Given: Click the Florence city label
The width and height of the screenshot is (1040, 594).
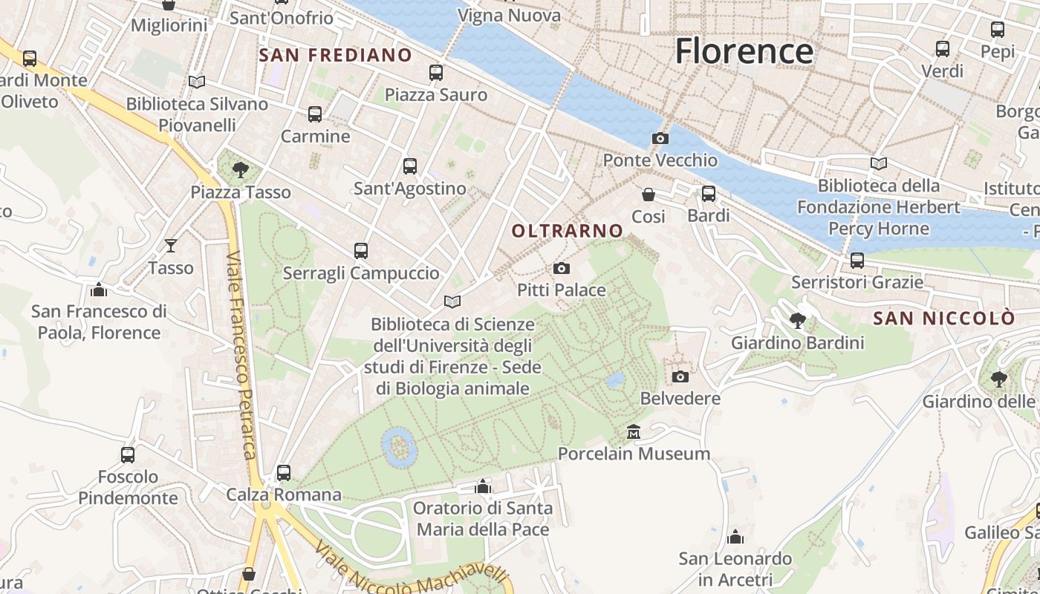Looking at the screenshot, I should tap(744, 51).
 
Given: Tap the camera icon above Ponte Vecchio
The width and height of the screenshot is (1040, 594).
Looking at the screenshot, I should tap(660, 138).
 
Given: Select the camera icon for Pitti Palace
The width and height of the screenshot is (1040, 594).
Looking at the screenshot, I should tap(562, 268).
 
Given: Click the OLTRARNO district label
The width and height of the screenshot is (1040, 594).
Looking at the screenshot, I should tap(568, 231).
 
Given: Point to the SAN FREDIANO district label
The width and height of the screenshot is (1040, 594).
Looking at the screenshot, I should tap(335, 55).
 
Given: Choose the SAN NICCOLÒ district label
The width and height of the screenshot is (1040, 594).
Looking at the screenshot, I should tap(943, 319).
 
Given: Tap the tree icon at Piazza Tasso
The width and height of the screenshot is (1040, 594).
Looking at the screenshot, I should tap(240, 170).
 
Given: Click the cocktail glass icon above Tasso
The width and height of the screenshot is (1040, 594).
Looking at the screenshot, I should tap(171, 245).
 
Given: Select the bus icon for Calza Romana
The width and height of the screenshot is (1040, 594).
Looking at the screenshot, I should tap(283, 472).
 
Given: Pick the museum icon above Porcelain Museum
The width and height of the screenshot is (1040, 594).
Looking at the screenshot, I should tap(633, 431).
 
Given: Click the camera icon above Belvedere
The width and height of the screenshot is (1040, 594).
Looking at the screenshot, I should tap(680, 376).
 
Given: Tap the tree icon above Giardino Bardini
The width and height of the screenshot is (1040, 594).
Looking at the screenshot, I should tap(797, 321).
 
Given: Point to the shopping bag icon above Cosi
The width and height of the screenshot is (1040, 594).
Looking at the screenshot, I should tap(649, 195).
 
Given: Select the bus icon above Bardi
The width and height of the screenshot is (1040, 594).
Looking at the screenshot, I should tap(709, 194).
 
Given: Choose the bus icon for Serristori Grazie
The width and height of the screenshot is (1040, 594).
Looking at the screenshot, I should tap(857, 261).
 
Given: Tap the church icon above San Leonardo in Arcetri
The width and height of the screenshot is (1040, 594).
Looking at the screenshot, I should tap(735, 537).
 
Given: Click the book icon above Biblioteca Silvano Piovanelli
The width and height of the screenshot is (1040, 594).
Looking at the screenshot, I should tap(196, 82).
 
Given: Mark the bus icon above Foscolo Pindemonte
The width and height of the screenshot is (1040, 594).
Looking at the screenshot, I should tap(128, 454).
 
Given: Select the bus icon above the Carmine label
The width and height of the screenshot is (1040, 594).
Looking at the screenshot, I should tap(315, 114).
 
